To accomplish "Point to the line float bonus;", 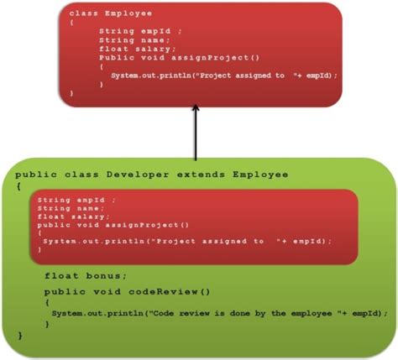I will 86,275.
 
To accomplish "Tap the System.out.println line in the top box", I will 223,76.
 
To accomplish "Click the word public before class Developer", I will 34,174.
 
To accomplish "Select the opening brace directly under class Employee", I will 71,23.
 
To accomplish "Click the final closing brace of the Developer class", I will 20,335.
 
